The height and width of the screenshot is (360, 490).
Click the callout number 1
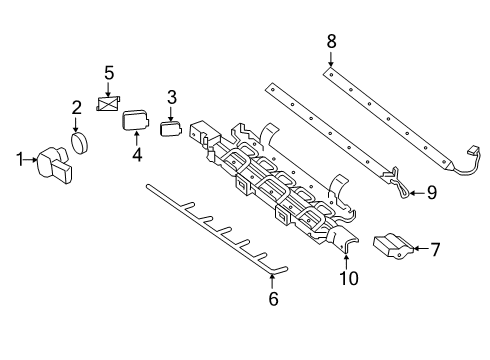click(20, 159)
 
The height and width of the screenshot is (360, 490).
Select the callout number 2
click(77, 108)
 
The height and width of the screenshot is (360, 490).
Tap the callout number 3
click(172, 97)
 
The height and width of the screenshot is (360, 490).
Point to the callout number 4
click(137, 155)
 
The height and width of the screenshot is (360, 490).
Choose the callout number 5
click(109, 73)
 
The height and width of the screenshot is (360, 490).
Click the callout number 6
click(273, 299)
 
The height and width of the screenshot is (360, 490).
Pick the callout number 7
click(435, 249)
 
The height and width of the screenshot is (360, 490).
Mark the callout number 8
click(331, 42)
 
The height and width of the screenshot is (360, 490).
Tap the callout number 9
click(432, 193)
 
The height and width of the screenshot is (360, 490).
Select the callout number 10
click(349, 278)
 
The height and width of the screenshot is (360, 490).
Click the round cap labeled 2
click(79, 143)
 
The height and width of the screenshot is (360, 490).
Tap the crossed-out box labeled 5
click(108, 103)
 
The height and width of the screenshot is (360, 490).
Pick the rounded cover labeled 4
click(135, 120)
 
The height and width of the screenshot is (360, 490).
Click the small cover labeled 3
click(171, 129)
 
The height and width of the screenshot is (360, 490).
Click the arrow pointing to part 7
click(422, 248)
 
